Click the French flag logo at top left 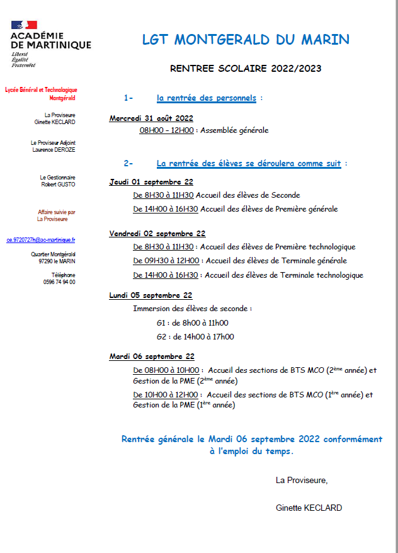click(24, 26)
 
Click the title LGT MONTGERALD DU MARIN click(246, 40)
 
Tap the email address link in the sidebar click(41, 240)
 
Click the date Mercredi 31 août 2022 click(151, 118)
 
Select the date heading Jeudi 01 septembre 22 click(151, 182)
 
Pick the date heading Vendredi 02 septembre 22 click(157, 234)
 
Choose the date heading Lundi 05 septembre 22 click(151, 295)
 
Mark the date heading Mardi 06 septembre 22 click(152, 356)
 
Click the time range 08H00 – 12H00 click(166, 130)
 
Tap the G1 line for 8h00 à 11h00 click(192, 323)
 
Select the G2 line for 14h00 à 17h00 click(195, 336)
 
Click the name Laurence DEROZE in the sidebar click(54, 150)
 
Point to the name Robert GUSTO click(58, 185)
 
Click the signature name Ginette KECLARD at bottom click(309, 507)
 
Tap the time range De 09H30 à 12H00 click(166, 261)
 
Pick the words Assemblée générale click(235, 130)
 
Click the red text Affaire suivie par click(57, 212)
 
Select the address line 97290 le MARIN click(57, 261)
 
